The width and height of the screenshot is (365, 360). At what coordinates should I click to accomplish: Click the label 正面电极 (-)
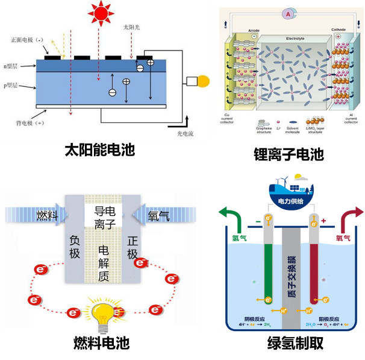[28, 40]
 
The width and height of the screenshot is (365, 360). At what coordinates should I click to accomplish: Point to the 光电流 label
[187, 133]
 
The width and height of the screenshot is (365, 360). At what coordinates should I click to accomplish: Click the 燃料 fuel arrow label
[46, 215]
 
